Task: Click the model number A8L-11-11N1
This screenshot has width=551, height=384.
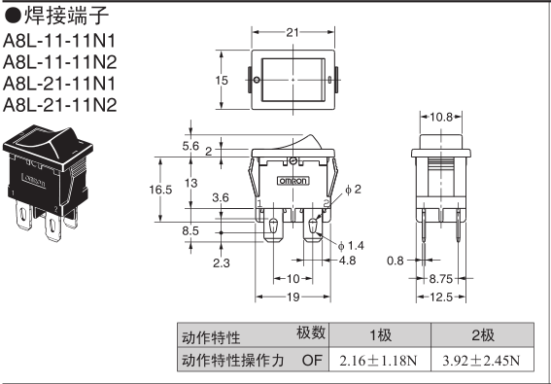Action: click(x=59, y=41)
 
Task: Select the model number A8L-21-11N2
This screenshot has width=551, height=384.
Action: click(x=59, y=105)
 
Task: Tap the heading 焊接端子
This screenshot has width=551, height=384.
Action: click(x=66, y=16)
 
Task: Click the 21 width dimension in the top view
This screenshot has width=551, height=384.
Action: click(x=293, y=32)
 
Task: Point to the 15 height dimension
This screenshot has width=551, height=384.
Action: click(x=222, y=80)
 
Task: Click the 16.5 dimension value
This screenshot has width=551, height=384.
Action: click(x=160, y=190)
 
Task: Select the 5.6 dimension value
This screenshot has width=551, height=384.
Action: click(x=190, y=146)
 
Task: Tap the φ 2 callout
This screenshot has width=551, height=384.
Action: click(x=353, y=190)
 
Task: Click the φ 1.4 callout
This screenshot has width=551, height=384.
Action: click(x=351, y=245)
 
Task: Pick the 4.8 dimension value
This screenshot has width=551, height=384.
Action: click(x=347, y=261)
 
